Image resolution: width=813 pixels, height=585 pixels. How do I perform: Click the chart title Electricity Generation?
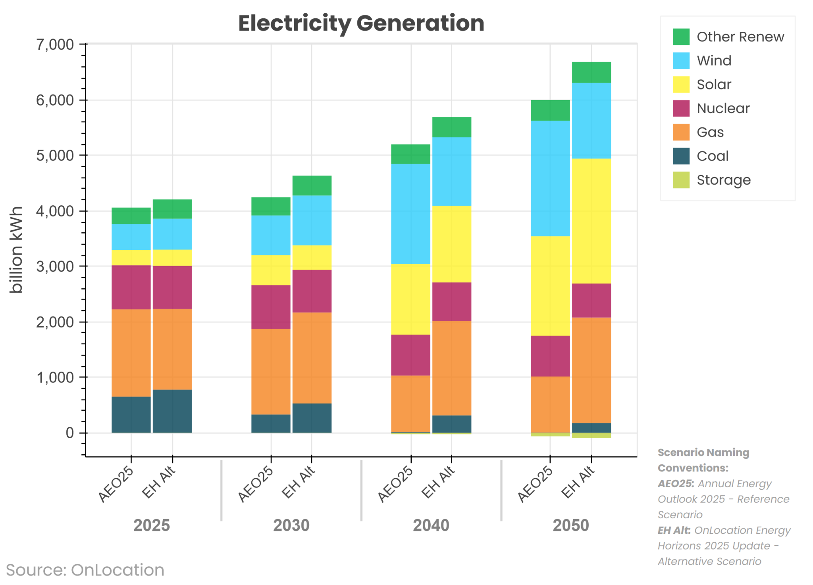tap(361, 23)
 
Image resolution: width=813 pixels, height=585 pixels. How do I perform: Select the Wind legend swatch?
tap(681, 61)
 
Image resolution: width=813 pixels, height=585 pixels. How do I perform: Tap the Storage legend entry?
tap(723, 180)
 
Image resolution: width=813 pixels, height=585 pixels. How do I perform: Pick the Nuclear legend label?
tap(723, 108)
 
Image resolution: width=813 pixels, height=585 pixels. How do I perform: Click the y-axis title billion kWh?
tap(16, 250)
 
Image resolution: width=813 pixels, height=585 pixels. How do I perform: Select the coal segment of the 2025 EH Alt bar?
tap(172, 411)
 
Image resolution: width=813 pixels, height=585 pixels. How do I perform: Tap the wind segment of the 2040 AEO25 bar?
tap(410, 214)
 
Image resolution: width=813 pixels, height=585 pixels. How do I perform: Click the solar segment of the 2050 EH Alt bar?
tap(591, 221)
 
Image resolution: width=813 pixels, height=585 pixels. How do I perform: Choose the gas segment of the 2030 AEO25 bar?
tap(271, 371)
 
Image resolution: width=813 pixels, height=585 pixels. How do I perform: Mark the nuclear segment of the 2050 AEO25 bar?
tap(550, 356)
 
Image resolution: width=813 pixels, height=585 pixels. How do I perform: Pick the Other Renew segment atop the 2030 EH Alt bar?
tap(312, 185)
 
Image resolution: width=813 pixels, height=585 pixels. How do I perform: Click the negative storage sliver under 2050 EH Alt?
tap(591, 436)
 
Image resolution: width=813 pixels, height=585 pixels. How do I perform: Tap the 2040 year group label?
tap(431, 525)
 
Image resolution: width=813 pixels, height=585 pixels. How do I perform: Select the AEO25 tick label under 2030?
tap(256, 484)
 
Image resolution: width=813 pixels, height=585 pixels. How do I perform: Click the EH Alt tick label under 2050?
tap(578, 482)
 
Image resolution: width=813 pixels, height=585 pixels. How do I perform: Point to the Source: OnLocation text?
tap(85, 570)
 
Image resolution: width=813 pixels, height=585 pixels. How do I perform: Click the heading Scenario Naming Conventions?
tap(703, 460)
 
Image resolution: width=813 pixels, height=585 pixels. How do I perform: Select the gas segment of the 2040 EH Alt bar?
tap(451, 368)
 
